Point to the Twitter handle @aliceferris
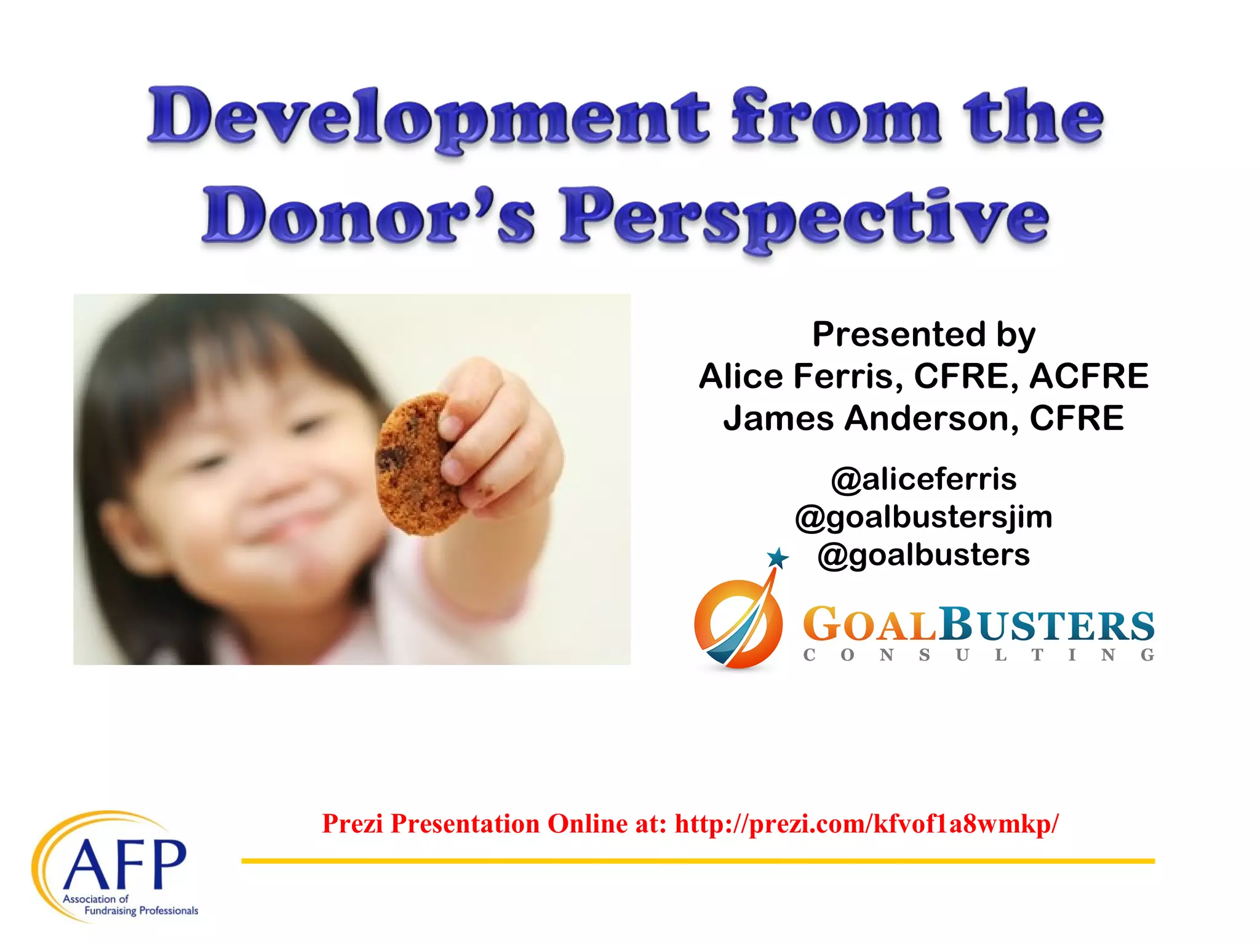(x=923, y=479)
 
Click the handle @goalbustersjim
(x=923, y=517)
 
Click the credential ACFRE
(x=1089, y=377)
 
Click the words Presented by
(x=923, y=335)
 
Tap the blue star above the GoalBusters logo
(x=778, y=558)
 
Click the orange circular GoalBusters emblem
(x=738, y=624)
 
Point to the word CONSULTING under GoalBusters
(x=978, y=655)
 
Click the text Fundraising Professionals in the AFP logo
(x=141, y=911)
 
